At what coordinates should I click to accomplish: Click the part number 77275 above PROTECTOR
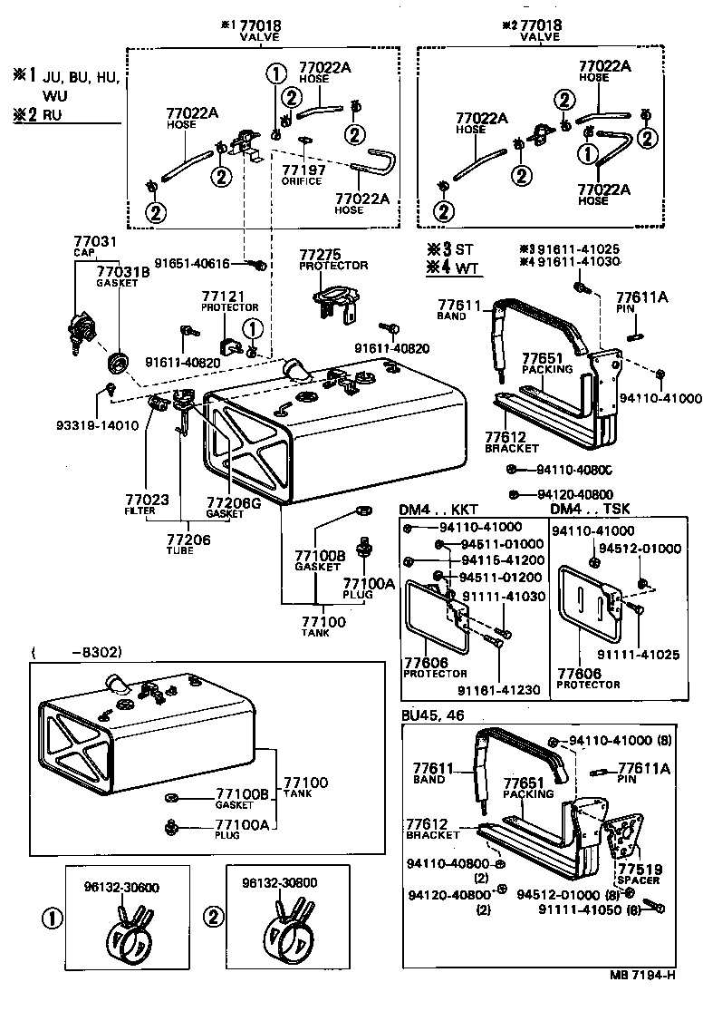coord(320,255)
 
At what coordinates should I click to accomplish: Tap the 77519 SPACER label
coord(638,873)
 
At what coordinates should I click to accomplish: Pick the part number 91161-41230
coord(498,690)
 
